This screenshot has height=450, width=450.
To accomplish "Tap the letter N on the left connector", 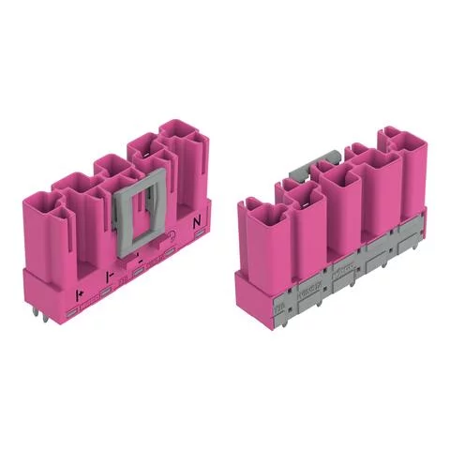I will [197, 223].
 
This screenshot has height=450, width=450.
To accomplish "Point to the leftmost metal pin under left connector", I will [47, 321].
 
